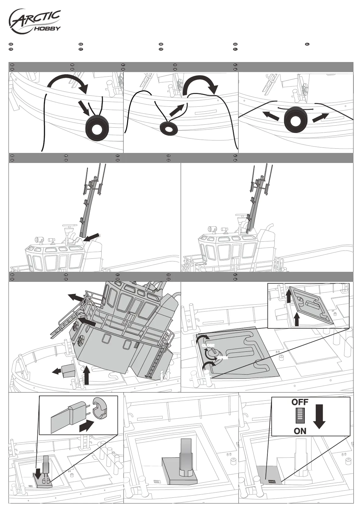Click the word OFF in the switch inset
pyautogui.click(x=300, y=402)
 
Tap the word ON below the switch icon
pyautogui.click(x=300, y=431)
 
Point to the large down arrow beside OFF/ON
pyautogui.click(x=319, y=417)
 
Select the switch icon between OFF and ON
pyautogui.click(x=300, y=416)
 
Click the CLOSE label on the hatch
pyautogui.click(x=208, y=345)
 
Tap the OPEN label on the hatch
pyautogui.click(x=223, y=358)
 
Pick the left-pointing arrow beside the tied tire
pyautogui.click(x=271, y=116)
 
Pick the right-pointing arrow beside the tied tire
pyautogui.click(x=321, y=117)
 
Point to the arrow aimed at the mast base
pyautogui.click(x=92, y=237)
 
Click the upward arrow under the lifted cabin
pyautogui.click(x=87, y=376)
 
